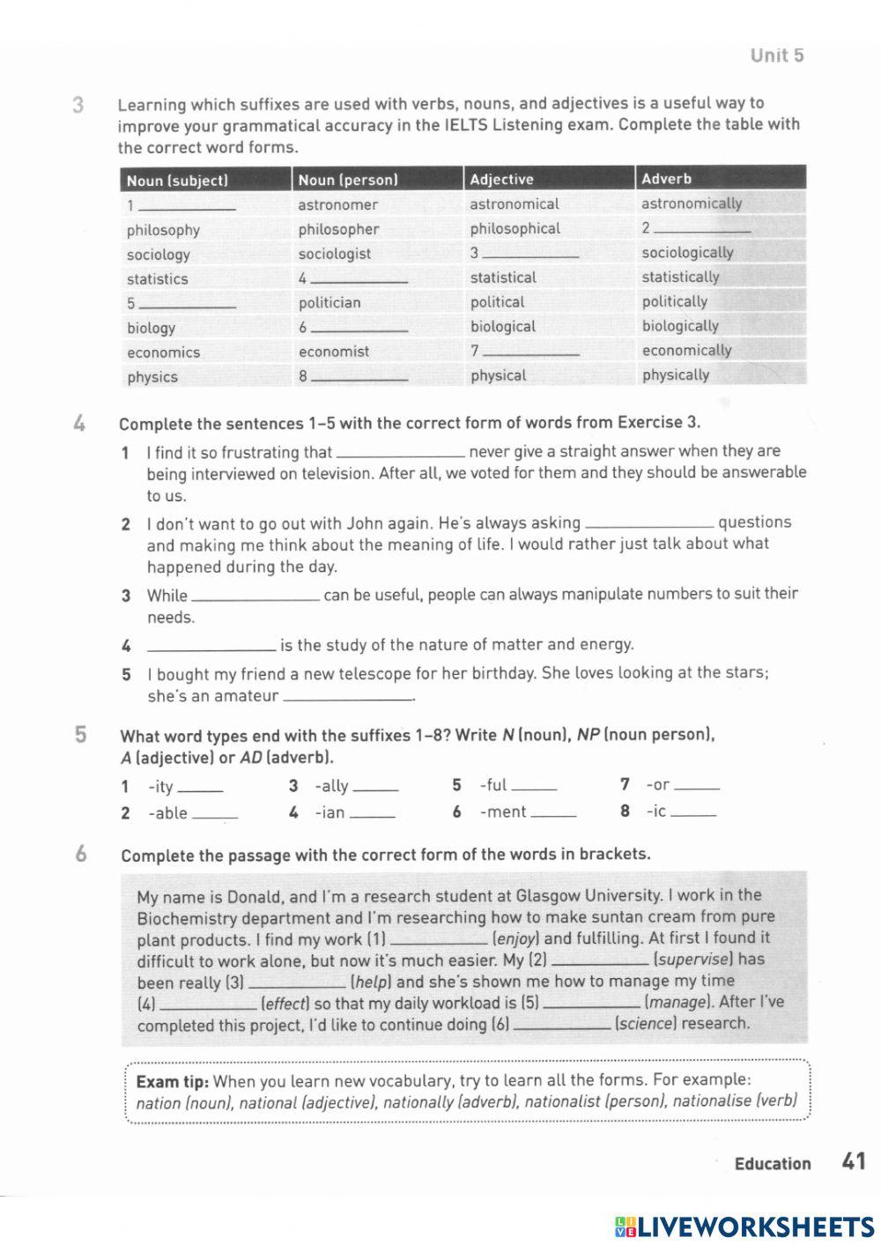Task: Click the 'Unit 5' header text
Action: point(776,56)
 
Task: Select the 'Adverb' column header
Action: point(666,179)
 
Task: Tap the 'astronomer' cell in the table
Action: point(337,204)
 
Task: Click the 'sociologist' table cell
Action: point(334,254)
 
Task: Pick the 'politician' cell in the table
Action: point(329,302)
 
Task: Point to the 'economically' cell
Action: point(686,351)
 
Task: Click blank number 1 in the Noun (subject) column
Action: point(188,206)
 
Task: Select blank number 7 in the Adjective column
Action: point(531,352)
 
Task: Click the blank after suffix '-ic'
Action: point(693,813)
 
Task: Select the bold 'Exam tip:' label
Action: point(172,1081)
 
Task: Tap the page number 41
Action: point(853,1161)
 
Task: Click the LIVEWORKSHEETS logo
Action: point(744,1226)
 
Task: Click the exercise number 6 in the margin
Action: point(81,854)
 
